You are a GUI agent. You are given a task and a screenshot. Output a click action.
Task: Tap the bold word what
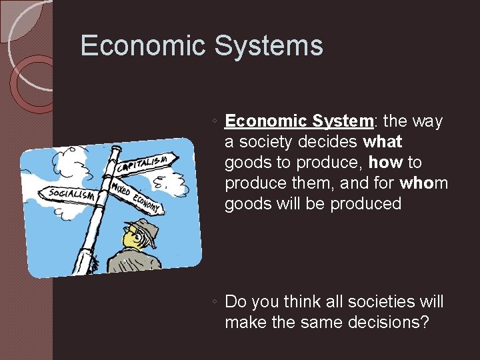383,142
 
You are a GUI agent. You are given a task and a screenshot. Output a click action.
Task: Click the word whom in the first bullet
424,183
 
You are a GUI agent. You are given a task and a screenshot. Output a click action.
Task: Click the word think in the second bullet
303,302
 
